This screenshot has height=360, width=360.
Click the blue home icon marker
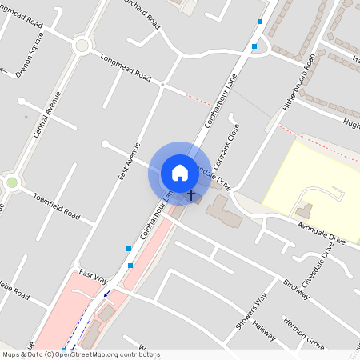(x=180, y=172)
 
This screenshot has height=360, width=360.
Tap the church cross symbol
(x=191, y=194)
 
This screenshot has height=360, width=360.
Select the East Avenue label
(x=128, y=160)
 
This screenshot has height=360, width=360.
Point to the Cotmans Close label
(x=234, y=145)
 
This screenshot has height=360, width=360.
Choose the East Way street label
(x=94, y=277)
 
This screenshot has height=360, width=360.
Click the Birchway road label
(x=296, y=290)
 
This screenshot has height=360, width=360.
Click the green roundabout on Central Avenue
(x=11, y=183)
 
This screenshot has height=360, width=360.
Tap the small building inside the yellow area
(x=304, y=211)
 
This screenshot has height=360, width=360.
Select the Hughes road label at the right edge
(x=350, y=124)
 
